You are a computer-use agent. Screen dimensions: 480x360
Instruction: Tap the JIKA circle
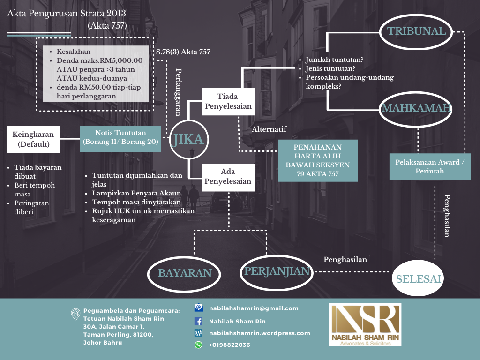(171, 140)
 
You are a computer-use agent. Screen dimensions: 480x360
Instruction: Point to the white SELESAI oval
(418, 278)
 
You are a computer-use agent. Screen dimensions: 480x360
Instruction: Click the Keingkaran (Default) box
(34, 139)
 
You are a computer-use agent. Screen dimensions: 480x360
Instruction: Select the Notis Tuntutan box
(120, 139)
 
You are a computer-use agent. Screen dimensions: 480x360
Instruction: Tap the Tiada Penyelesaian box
(228, 101)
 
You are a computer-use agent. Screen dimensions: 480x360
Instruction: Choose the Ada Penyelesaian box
(228, 178)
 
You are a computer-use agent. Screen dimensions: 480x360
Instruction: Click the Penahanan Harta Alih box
(318, 161)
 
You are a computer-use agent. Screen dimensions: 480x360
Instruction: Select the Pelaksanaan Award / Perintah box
(430, 166)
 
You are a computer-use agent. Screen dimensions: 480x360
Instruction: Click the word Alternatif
(269, 129)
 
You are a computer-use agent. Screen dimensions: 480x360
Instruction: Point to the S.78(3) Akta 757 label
(183, 52)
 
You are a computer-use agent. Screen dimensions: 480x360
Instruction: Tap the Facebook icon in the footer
(198, 322)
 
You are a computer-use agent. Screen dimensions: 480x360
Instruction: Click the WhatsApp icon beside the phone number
(198, 345)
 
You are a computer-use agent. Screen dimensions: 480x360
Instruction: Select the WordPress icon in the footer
(198, 333)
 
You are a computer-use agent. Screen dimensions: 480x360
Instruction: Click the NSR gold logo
(365, 325)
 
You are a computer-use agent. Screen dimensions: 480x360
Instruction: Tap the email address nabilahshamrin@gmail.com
(254, 308)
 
